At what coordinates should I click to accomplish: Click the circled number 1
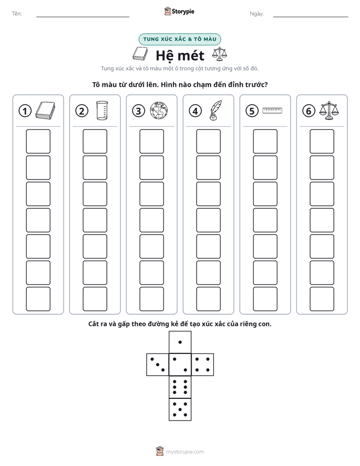pyautogui.click(x=25, y=111)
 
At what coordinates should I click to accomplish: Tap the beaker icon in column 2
pyautogui.click(x=102, y=110)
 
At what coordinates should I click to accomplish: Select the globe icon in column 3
pyautogui.click(x=159, y=110)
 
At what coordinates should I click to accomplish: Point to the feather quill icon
pyautogui.click(x=215, y=110)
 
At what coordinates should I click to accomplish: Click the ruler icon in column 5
pyautogui.click(x=272, y=110)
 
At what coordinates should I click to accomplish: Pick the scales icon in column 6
pyautogui.click(x=329, y=110)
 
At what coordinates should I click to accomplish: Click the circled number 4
pyautogui.click(x=195, y=111)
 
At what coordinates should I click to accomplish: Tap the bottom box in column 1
pyautogui.click(x=38, y=299)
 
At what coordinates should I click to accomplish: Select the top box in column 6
pyautogui.click(x=322, y=141)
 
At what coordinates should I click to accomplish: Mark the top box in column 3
pyautogui.click(x=152, y=141)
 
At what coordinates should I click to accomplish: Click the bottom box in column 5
pyautogui.click(x=265, y=299)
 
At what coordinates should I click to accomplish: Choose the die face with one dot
pyautogui.click(x=180, y=342)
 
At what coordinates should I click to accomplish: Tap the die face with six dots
pyautogui.click(x=180, y=387)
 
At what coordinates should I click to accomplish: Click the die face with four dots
pyautogui.click(x=203, y=365)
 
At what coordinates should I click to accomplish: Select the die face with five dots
pyautogui.click(x=180, y=410)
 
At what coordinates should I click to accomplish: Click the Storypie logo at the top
pyautogui.click(x=179, y=11)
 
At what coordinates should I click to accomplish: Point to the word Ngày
pyautogui.click(x=257, y=14)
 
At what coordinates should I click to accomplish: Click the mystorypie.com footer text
pyautogui.click(x=185, y=452)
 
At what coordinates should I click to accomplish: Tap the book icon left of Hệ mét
pyautogui.click(x=140, y=54)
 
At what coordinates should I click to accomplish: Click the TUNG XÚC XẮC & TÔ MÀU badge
pyautogui.click(x=179, y=39)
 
